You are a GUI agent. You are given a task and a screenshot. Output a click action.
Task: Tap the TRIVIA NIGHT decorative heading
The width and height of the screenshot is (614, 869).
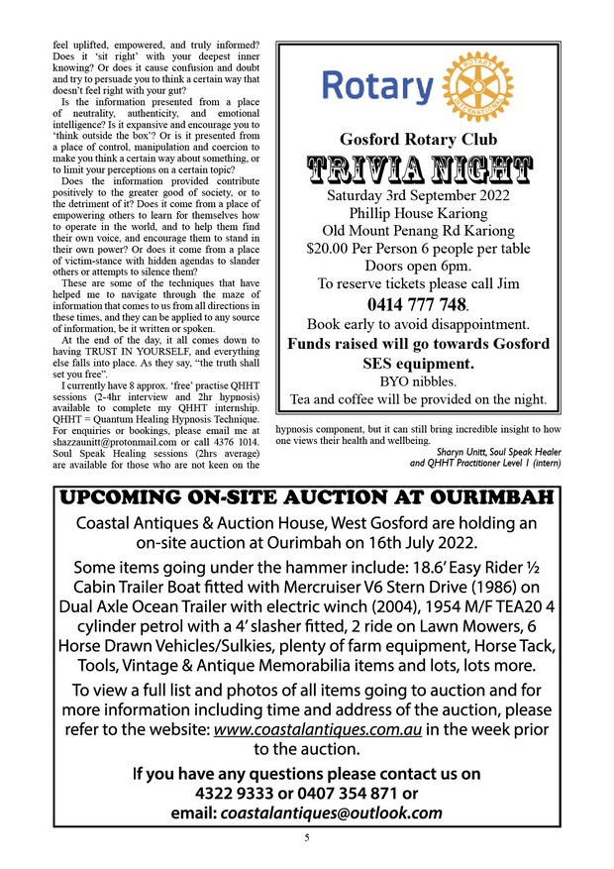tap(418, 170)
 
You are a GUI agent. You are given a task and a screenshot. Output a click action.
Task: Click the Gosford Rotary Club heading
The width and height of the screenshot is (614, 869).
tap(418, 139)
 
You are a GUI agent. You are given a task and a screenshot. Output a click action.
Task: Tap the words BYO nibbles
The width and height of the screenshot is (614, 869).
tap(417, 380)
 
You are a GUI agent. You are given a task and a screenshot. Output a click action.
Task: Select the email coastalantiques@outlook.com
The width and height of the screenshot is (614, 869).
tap(331, 813)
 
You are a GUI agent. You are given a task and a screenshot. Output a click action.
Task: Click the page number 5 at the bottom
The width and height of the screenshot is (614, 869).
tap(307, 838)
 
